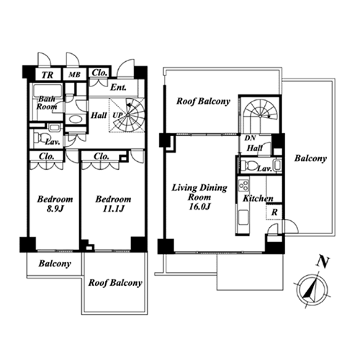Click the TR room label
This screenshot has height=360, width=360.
(x=48, y=75)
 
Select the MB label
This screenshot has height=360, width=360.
(x=74, y=75)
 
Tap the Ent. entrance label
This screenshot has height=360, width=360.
(x=118, y=87)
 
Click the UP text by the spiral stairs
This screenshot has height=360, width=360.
(x=117, y=115)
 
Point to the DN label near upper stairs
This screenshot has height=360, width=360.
(x=250, y=138)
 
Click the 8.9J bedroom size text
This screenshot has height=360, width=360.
(x=55, y=209)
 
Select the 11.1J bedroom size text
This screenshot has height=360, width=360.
(x=113, y=209)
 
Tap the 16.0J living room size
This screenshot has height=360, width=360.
(x=199, y=207)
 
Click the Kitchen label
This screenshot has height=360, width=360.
(x=258, y=199)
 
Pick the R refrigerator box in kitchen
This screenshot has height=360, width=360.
(x=274, y=212)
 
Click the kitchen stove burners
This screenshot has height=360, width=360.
(x=243, y=185)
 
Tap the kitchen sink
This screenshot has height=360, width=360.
(x=243, y=217)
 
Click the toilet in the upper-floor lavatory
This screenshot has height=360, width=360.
(x=249, y=165)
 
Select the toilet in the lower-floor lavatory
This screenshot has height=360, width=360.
(x=40, y=138)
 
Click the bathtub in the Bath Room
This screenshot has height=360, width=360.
(x=48, y=91)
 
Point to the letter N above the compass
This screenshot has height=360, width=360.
(x=323, y=262)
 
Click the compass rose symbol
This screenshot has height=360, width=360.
(x=312, y=290)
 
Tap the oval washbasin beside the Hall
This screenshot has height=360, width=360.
(x=75, y=120)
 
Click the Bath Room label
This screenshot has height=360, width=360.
(x=47, y=103)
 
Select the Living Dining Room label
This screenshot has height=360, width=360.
(x=199, y=192)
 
